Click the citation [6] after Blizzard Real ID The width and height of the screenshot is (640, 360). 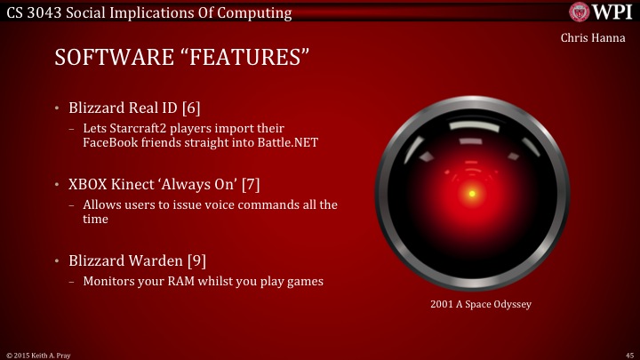point(190,108)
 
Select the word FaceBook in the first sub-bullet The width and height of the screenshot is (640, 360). point(109,142)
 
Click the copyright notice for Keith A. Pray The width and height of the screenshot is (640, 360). point(41,354)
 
